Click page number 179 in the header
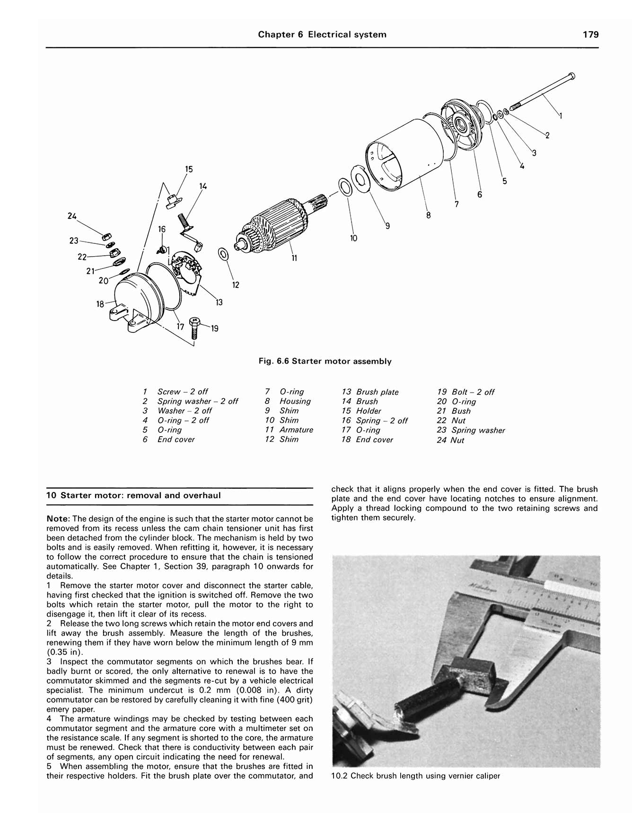coord(590,35)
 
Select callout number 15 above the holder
coord(189,170)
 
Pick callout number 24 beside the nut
coord(72,216)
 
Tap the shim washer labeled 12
coord(222,254)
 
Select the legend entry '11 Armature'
coord(289,430)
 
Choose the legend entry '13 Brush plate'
coord(370,392)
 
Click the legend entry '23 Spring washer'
coord(471,430)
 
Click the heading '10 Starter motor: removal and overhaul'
coord(133,496)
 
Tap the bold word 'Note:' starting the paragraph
coord(58,519)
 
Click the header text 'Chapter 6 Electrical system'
coord(322,35)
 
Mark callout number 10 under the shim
coord(354,238)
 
